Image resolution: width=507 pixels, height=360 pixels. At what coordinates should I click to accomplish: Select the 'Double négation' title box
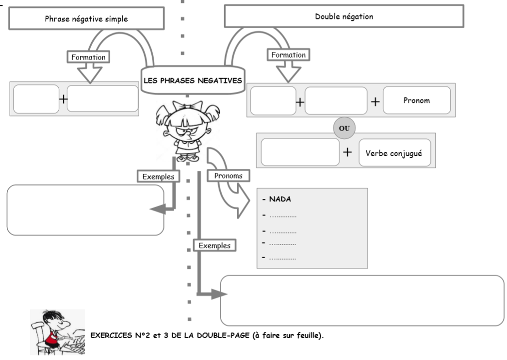click(344, 16)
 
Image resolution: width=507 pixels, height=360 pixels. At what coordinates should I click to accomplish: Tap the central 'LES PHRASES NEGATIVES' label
click(193, 81)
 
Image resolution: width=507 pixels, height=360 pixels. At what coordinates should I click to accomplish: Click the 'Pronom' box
click(416, 101)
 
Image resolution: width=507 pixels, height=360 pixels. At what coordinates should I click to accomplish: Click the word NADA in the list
click(280, 199)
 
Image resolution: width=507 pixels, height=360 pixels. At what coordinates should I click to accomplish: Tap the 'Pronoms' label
click(228, 176)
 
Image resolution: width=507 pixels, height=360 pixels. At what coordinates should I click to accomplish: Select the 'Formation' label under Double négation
click(289, 55)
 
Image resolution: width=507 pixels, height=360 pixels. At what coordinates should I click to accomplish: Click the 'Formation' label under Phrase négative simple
click(88, 57)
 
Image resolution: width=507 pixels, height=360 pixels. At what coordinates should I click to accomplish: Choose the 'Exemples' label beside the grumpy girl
click(158, 177)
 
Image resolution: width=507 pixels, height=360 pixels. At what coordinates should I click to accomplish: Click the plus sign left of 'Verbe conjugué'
click(347, 152)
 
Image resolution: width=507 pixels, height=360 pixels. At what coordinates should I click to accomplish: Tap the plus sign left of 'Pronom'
click(375, 102)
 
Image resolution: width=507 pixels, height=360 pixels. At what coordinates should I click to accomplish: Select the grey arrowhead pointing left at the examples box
click(156, 209)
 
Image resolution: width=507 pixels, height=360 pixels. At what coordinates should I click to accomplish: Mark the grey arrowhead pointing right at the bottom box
click(220, 294)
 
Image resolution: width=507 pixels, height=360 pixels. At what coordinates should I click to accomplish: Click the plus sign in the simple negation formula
click(63, 99)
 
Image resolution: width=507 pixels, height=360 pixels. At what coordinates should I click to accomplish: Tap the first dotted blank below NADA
click(282, 215)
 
